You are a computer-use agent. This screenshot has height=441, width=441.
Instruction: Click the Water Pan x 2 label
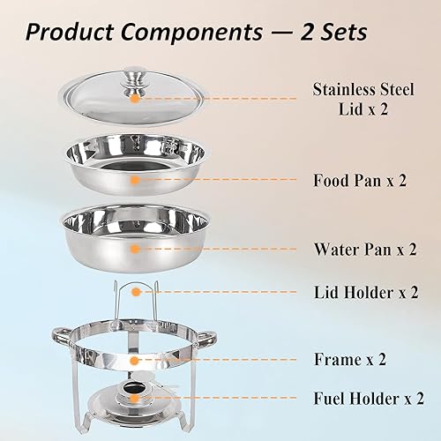coord(364,249)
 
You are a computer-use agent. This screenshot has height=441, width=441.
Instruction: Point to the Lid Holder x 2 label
coord(364,291)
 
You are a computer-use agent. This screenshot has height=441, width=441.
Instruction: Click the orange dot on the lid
coord(133,99)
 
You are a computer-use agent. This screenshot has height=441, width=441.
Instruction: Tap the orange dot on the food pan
coord(134,179)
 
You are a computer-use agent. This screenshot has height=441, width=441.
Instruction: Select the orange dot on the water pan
coord(134,250)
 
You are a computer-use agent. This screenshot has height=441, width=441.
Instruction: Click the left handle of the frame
coord(60,336)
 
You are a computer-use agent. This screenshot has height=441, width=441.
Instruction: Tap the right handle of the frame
coord(208,336)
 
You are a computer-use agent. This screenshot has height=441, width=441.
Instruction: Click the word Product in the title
coord(73,34)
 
